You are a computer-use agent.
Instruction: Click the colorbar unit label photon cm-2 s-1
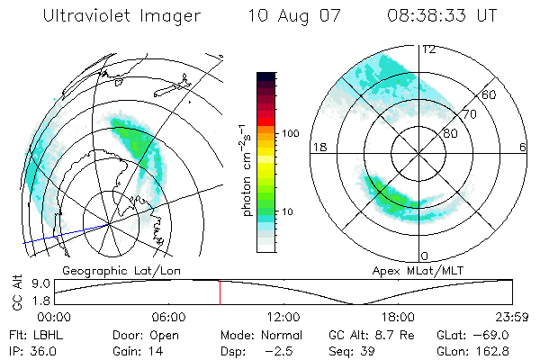(245, 171)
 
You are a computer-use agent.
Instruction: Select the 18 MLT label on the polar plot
(317, 148)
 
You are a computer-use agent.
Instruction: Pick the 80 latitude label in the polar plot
(449, 133)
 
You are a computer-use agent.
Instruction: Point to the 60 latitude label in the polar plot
(490, 94)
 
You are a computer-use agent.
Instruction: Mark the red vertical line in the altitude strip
(220, 292)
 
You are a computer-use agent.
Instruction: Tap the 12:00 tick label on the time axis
(283, 316)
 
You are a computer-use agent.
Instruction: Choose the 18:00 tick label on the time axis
(398, 316)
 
